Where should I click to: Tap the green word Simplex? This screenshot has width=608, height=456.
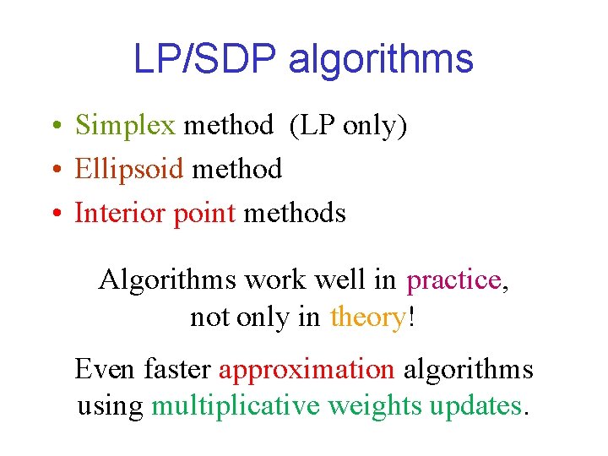(x=125, y=125)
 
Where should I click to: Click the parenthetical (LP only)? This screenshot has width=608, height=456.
(x=348, y=125)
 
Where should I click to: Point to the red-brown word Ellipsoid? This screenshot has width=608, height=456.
(x=128, y=169)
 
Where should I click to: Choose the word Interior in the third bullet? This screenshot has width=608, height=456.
(x=121, y=213)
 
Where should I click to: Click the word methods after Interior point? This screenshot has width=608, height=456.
(x=295, y=213)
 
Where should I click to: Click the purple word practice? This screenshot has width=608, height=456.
(x=453, y=279)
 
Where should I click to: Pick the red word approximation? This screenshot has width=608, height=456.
(x=307, y=369)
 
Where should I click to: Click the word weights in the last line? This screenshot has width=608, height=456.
(x=375, y=406)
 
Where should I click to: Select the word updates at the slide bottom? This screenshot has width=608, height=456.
(x=475, y=406)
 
